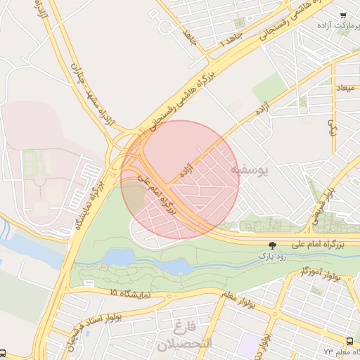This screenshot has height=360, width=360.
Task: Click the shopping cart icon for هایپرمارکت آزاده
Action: pos(342,15)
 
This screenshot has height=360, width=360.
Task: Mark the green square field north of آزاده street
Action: pos(269,89)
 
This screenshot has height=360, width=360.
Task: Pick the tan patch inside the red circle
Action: pos(135,194)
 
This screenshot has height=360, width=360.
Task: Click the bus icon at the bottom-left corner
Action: pos(4,354)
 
